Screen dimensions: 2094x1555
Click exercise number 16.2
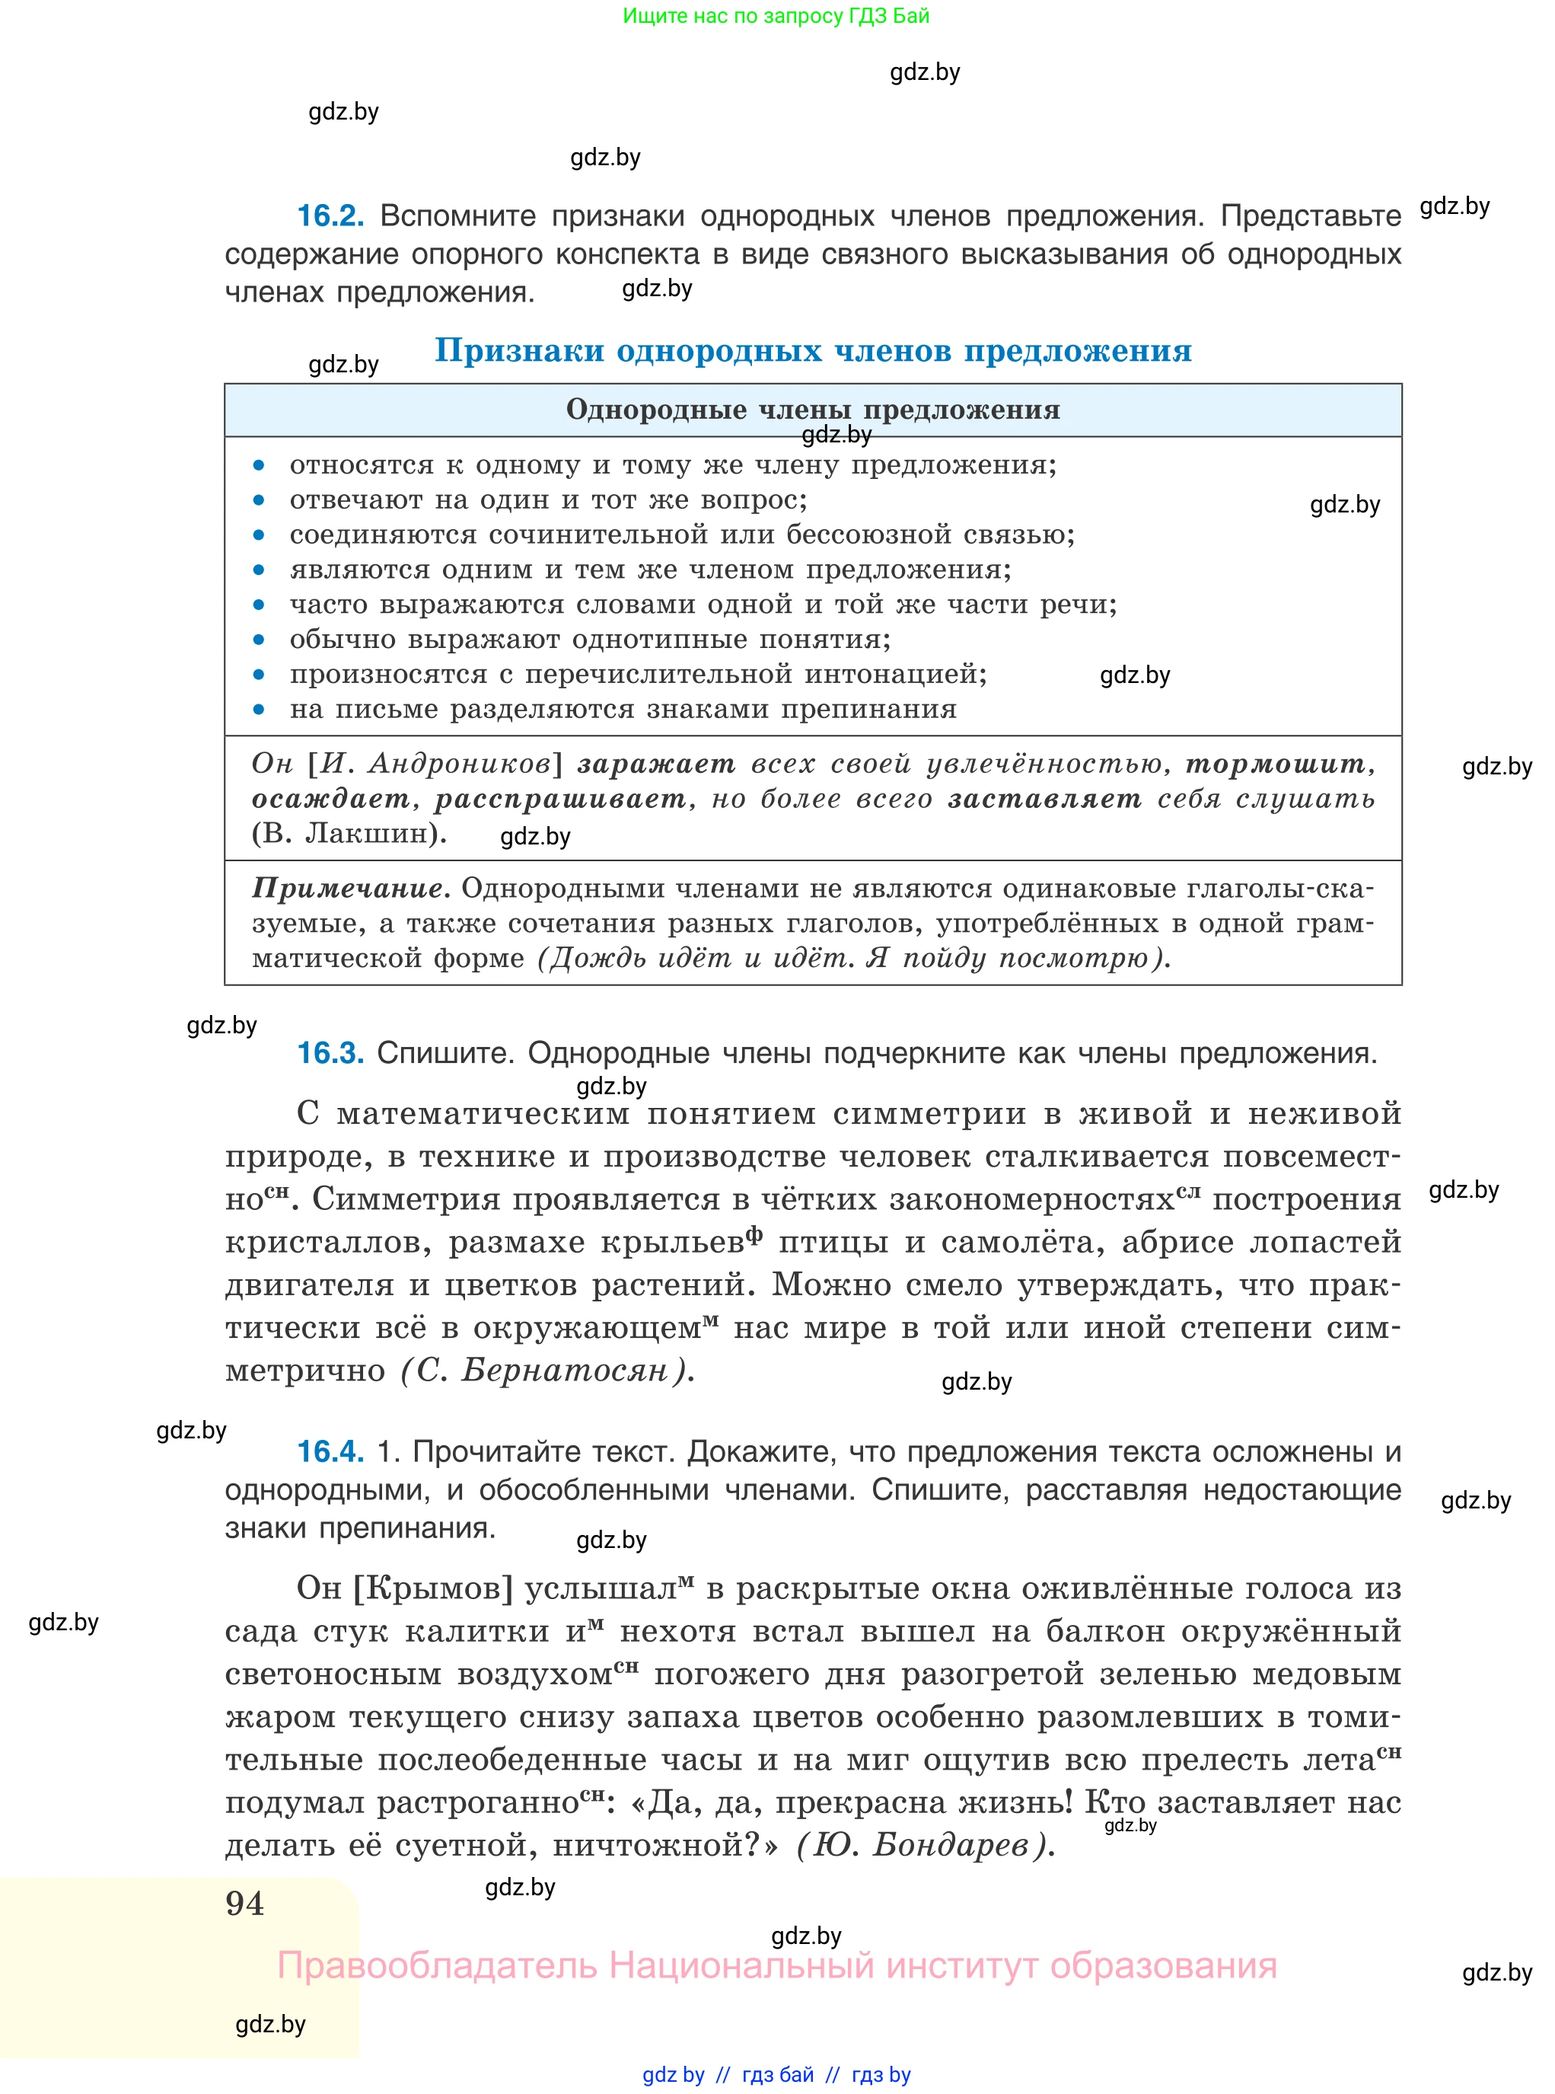tap(330, 216)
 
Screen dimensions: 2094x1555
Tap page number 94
tap(245, 1903)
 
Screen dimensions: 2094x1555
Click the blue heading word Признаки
tap(518, 351)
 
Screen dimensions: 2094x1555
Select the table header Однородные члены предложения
tap(812, 410)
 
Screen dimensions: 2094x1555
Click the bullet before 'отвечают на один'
tap(260, 500)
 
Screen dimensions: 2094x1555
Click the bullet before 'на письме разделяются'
tap(260, 709)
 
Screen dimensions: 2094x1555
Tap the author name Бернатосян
tap(564, 1370)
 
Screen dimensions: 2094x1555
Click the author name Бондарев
tap(950, 1844)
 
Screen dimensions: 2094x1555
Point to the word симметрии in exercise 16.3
tap(929, 1114)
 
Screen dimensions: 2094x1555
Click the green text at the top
tap(776, 16)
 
